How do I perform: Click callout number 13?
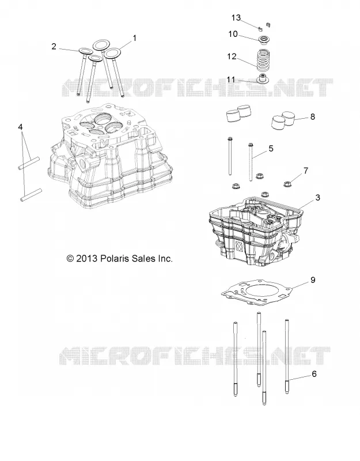pos(236,18)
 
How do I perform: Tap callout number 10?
pos(233,34)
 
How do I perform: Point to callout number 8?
pos(312,117)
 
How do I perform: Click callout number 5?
pos(271,149)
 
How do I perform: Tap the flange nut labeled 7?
pos(287,184)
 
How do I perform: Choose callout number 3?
pos(317,198)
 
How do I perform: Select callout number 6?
pos(314,374)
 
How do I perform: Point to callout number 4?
pos(20,127)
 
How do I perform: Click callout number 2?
pos(54,47)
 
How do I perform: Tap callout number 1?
pos(134,38)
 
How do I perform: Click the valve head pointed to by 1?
pos(112,53)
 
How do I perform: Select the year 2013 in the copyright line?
pos(86,259)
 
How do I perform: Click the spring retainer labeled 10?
pos(264,39)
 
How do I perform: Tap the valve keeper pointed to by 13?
pos(259,28)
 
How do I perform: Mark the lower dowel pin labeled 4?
pos(31,195)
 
